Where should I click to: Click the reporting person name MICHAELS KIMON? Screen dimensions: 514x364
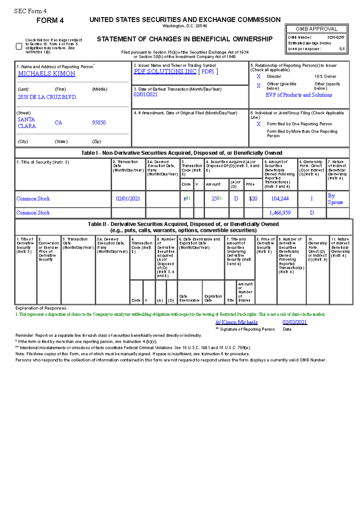pos(47,74)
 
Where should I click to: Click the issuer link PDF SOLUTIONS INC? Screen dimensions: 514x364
pos(165,71)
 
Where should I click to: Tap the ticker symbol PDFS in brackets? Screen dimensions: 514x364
pos(208,72)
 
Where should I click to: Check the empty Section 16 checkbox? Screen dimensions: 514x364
pos(19,46)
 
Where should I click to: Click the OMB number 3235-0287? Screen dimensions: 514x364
pos(335,38)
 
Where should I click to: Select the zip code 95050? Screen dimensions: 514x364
pos(99,123)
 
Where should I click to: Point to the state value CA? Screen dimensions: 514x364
pos(58,123)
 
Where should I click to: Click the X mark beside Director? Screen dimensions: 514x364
pos(259,77)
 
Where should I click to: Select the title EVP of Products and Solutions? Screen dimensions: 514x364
pos(299,95)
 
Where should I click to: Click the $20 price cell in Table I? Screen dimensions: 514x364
pos(253,199)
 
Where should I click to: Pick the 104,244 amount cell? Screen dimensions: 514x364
pos(280,199)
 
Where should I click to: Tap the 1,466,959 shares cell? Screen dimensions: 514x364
pos(280,213)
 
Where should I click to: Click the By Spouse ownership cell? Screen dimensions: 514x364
pos(335,199)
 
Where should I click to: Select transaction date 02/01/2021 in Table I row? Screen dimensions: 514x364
pos(128,199)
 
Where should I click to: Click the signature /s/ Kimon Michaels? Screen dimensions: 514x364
pos(237,322)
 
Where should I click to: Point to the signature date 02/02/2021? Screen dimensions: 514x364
pos(295,322)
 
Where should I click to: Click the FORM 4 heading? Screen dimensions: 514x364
pos(50,21)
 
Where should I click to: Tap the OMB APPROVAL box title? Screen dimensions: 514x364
pos(316,29)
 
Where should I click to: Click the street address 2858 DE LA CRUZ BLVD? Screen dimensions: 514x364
pos(48,97)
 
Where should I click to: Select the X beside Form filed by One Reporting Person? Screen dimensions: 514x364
pos(259,124)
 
